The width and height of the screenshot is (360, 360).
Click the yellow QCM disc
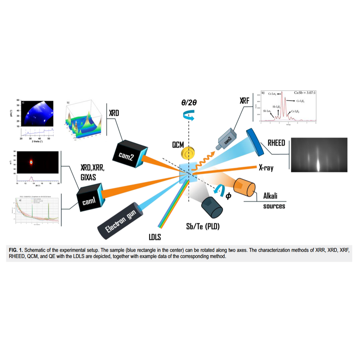point(187,153)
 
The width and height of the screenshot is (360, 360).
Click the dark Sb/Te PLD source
point(211,206)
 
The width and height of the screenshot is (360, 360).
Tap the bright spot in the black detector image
point(32,162)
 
